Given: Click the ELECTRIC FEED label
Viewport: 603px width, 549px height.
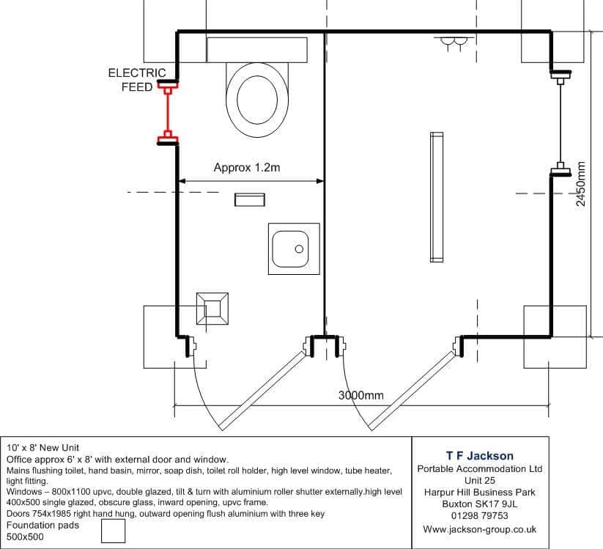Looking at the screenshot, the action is [137, 80].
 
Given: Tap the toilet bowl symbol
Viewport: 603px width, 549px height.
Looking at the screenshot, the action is [257, 99].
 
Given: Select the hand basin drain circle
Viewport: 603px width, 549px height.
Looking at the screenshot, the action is [299, 249].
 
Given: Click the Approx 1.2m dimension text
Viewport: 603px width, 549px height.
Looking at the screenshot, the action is [247, 167].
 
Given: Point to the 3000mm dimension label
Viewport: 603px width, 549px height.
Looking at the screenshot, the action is [361, 395].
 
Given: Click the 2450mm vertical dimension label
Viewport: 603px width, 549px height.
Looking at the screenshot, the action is [581, 184].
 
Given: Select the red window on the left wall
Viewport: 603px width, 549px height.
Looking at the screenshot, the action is [168, 114].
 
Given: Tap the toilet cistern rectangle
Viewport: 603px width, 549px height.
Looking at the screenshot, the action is [257, 50].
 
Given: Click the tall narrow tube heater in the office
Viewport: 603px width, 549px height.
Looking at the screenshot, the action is [437, 197].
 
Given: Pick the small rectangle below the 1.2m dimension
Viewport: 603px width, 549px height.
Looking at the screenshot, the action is [250, 199].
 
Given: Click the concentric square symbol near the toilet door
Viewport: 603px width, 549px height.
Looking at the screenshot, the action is [212, 308].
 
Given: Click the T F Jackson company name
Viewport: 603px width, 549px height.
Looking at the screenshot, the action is [480, 456].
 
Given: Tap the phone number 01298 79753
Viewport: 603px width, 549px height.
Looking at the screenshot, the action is [480, 515].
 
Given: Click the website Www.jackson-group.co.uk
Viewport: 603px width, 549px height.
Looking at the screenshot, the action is [480, 529].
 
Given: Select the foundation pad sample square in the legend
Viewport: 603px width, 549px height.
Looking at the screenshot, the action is [113, 531].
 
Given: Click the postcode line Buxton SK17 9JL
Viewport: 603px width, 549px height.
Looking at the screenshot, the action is [480, 504].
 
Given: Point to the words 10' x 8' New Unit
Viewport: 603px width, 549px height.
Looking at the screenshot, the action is [42, 447].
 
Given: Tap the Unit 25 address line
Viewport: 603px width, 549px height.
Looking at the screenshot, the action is [480, 480].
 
